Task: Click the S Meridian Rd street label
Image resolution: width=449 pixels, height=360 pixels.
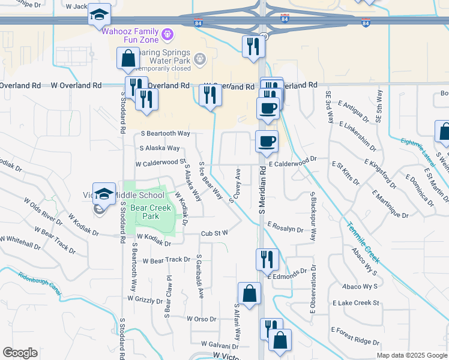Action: pyautogui.click(x=262, y=197)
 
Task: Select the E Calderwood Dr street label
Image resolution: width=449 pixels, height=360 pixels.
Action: pyautogui.click(x=292, y=162)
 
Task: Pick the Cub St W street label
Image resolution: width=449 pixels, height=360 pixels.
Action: pyautogui.click(x=215, y=233)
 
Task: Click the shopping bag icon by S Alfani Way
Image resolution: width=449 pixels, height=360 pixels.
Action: pyautogui.click(x=249, y=293)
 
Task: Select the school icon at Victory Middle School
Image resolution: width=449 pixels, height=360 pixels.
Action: pyautogui.click(x=104, y=193)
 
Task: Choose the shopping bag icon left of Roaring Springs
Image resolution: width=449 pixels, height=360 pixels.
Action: pyautogui.click(x=128, y=58)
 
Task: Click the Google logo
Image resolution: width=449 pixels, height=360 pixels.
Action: pyautogui.click(x=20, y=353)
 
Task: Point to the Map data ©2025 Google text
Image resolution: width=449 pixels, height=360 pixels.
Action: pyautogui.click(x=411, y=355)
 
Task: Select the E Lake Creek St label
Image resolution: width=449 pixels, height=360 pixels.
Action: pyautogui.click(x=355, y=303)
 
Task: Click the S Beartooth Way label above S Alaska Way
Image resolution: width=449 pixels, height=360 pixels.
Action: pyautogui.click(x=165, y=133)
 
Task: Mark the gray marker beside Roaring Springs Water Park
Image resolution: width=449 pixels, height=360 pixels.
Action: pyautogui.click(x=200, y=59)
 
